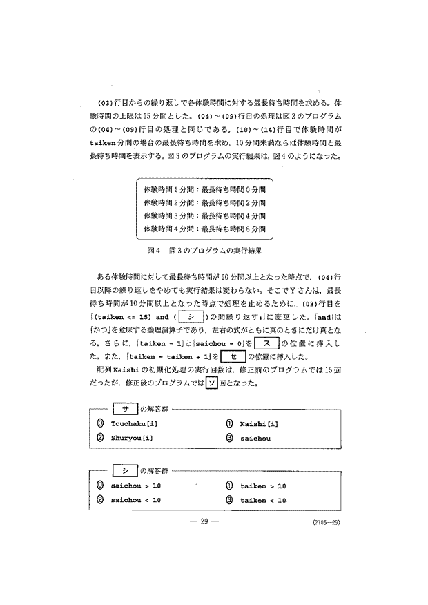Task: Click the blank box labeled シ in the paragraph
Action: tap(188, 316)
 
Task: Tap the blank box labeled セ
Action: tap(239, 356)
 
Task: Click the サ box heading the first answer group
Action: tap(126, 409)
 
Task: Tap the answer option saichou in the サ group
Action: tap(255, 437)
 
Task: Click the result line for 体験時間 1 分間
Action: tap(204, 188)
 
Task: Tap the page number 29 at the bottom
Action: tap(204, 521)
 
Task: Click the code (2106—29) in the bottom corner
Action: tap(324, 523)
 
